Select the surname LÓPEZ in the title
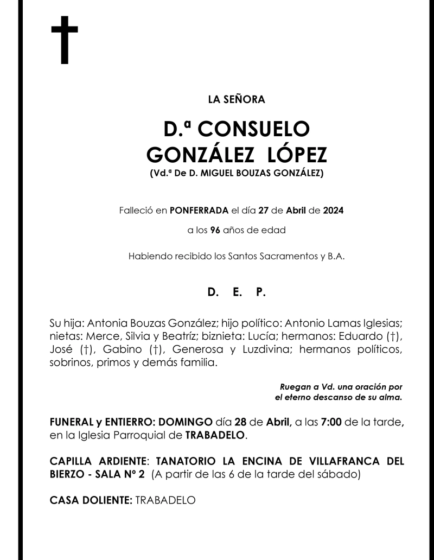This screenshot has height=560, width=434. click(x=297, y=155)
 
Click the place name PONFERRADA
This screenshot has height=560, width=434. click(x=199, y=210)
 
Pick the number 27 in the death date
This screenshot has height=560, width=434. click(x=264, y=210)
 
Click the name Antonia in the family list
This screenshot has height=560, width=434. click(x=106, y=323)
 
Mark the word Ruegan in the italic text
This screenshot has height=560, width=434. click(x=295, y=387)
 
